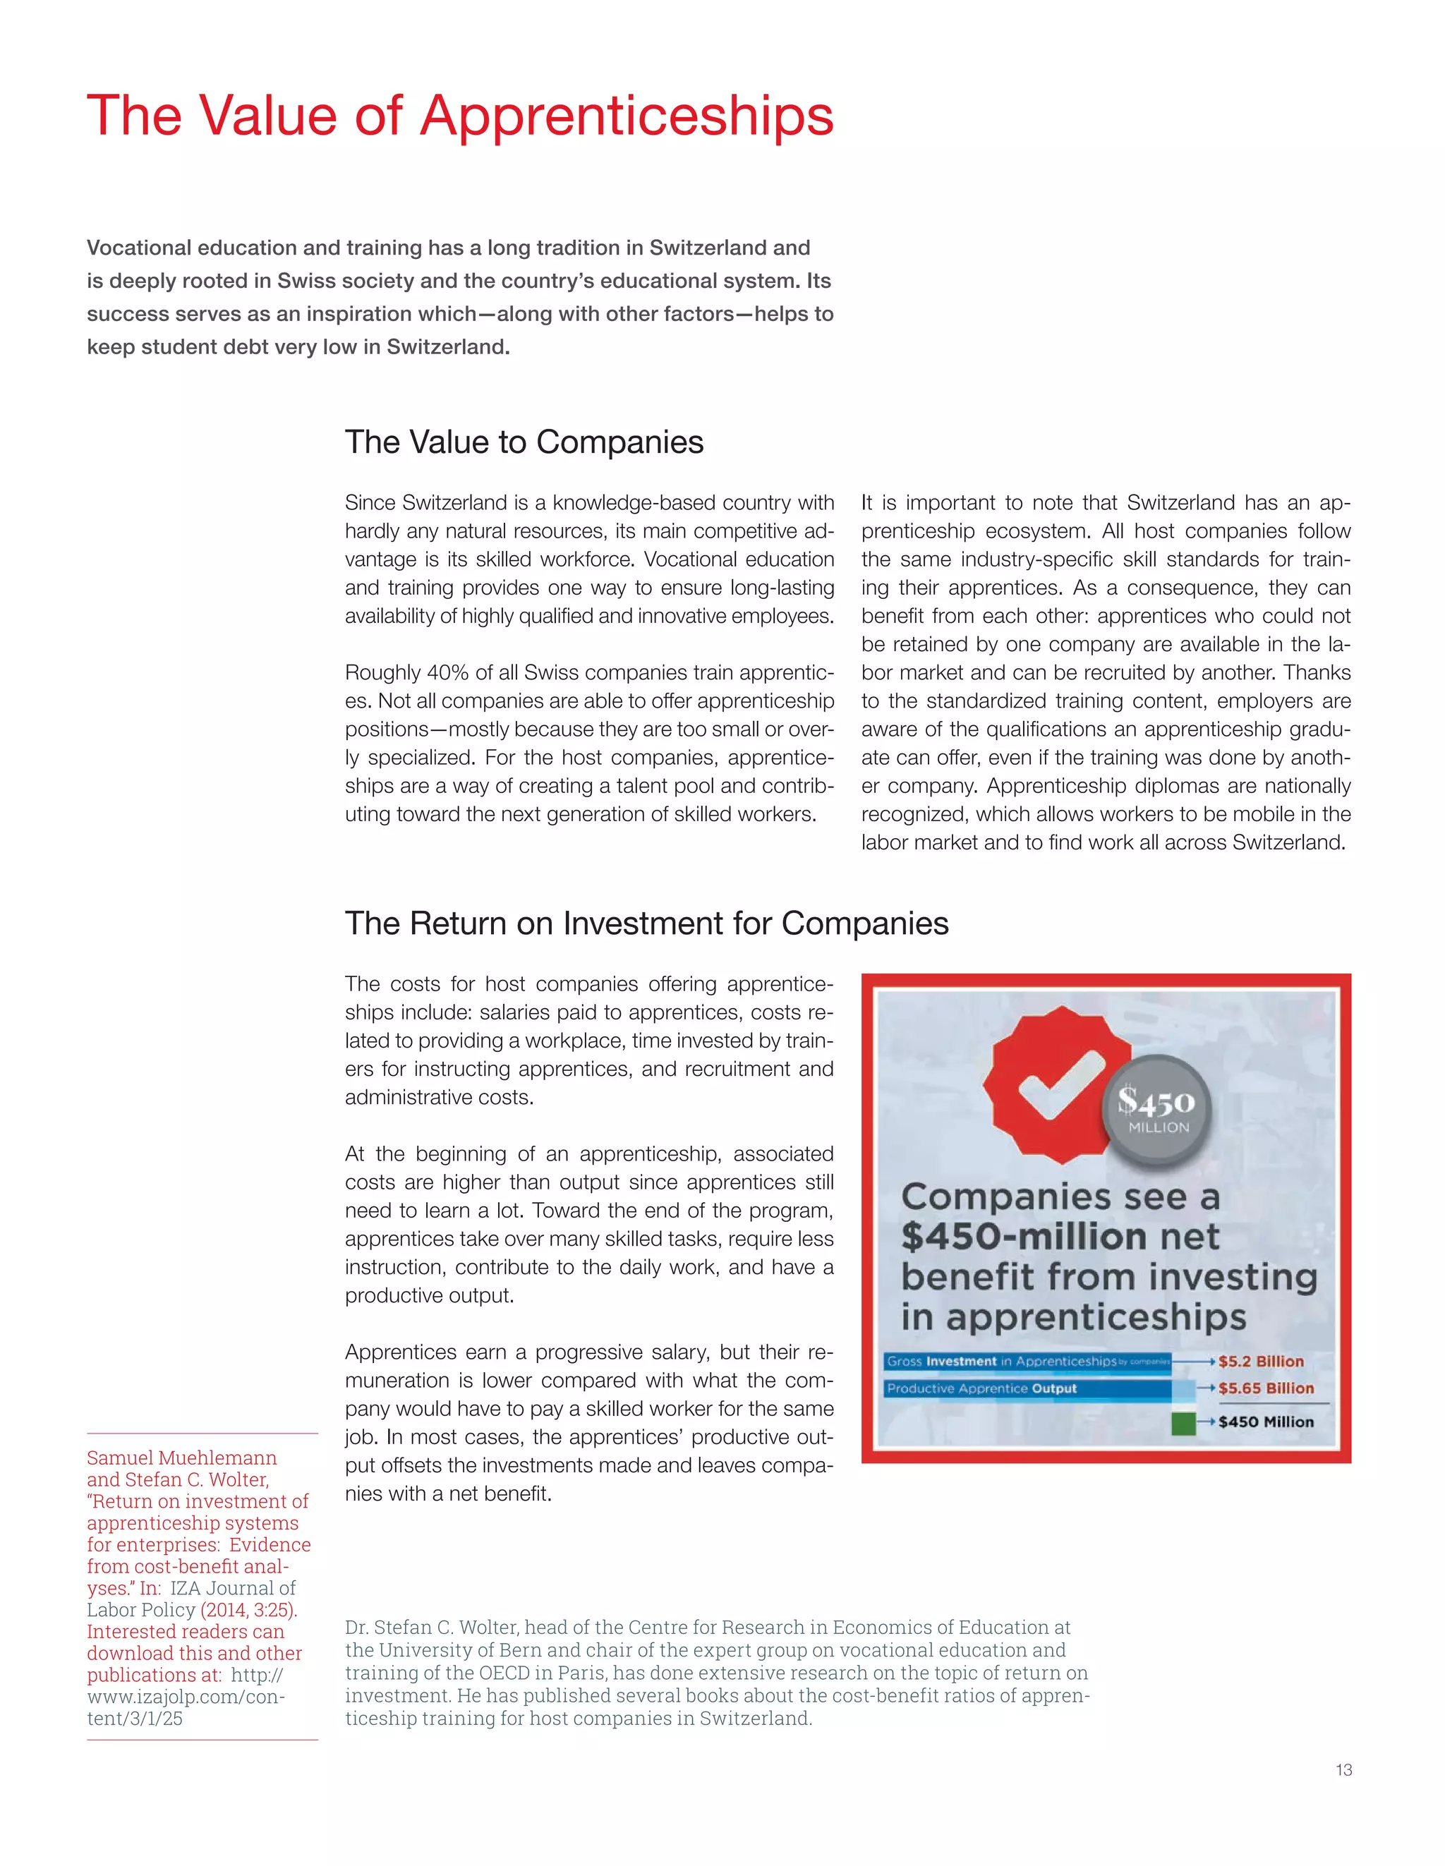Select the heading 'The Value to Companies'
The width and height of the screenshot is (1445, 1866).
click(x=524, y=442)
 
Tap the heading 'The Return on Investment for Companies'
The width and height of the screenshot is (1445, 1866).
click(x=646, y=923)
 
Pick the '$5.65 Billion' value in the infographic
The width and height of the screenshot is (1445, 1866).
click(x=1266, y=1388)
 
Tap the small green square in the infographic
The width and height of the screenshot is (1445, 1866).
click(x=1183, y=1422)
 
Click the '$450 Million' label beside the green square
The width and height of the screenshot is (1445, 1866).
click(x=1266, y=1422)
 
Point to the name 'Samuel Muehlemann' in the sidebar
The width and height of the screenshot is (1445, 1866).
click(x=181, y=1458)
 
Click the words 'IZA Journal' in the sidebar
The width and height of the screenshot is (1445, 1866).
click(x=232, y=1588)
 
